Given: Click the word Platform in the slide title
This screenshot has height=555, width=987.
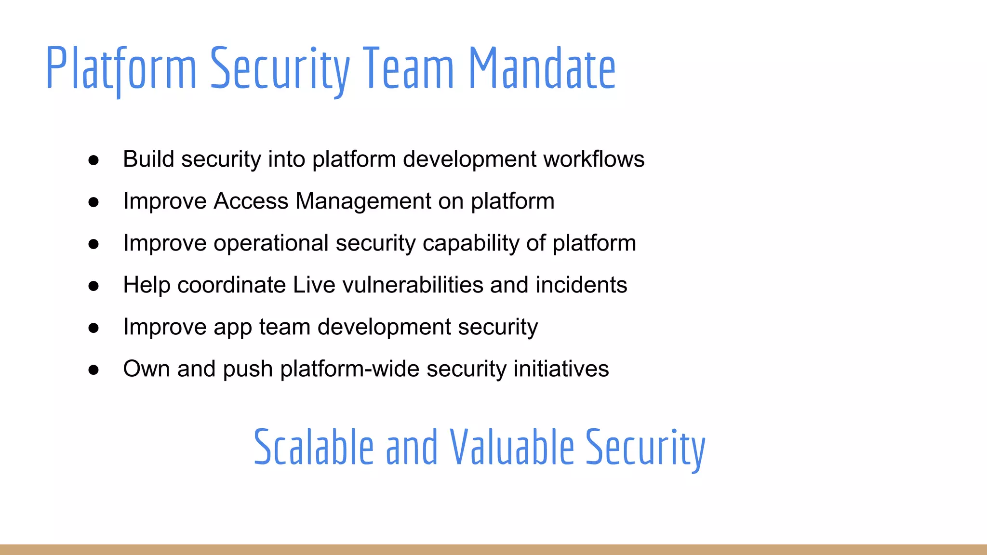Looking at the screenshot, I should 121,68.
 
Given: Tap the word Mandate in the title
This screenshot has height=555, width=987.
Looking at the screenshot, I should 542,68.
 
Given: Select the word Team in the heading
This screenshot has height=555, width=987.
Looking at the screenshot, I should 408,68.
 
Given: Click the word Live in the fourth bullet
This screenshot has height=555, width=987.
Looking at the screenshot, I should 314,285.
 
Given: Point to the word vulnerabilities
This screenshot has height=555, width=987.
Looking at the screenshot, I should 413,285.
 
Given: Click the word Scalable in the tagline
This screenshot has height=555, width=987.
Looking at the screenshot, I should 314,447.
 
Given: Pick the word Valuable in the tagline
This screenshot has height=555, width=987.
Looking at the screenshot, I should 512,447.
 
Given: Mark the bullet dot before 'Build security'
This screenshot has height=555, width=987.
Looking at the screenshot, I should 93,160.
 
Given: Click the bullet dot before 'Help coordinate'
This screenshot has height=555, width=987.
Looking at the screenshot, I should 93,286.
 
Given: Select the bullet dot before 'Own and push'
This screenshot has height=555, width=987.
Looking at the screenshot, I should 93,370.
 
